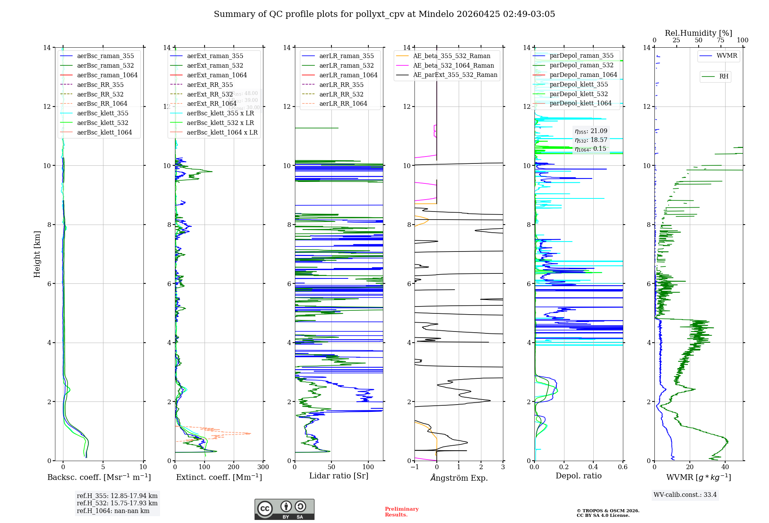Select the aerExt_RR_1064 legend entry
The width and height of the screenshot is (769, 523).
pyautogui.click(x=212, y=103)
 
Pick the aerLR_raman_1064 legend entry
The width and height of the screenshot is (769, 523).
pyautogui.click(x=348, y=75)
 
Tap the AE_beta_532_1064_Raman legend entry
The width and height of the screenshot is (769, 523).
pyautogui.click(x=453, y=65)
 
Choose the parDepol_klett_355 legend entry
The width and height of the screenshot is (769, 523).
pyautogui.click(x=579, y=84)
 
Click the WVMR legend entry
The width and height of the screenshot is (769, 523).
pyautogui.click(x=727, y=56)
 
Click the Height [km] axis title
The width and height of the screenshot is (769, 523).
pyautogui.click(x=37, y=254)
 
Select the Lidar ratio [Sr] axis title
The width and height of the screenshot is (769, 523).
pyautogui.click(x=339, y=476)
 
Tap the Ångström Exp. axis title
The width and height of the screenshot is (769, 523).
pyautogui.click(x=459, y=478)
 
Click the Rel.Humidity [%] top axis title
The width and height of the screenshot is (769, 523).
pyautogui.click(x=698, y=33)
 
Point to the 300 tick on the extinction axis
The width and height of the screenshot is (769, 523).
pyautogui.click(x=263, y=467)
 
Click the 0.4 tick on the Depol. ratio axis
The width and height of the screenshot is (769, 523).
pyautogui.click(x=593, y=467)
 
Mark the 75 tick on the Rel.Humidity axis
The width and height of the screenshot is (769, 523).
pyautogui.click(x=721, y=40)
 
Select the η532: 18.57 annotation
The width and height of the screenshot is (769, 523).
pyautogui.click(x=591, y=140)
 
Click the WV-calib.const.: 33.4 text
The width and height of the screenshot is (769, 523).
pyautogui.click(x=685, y=495)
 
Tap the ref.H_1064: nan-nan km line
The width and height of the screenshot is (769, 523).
pyautogui.click(x=113, y=511)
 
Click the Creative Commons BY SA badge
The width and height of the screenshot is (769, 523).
pyautogui.click(x=284, y=510)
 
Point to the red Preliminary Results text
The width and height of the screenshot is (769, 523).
pyautogui.click(x=401, y=512)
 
